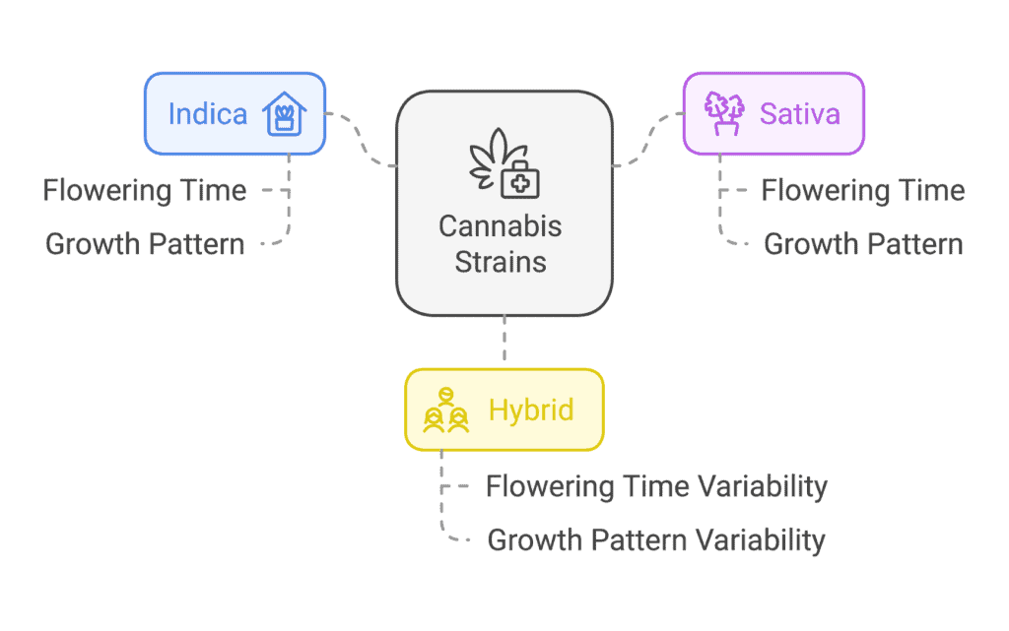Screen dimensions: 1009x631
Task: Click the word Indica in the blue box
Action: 207,114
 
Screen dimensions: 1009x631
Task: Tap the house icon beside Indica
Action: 285,114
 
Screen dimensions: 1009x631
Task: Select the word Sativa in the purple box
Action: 800,114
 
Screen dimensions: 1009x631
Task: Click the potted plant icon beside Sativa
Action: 724,113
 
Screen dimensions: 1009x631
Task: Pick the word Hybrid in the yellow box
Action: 531,410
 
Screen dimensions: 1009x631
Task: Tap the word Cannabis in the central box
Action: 500,226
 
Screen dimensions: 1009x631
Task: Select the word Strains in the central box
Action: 501,262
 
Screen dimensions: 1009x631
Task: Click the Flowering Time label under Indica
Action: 145,190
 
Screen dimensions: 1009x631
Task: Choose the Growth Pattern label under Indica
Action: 145,244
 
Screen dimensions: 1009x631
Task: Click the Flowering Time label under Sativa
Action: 863,190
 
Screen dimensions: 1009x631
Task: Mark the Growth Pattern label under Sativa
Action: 863,244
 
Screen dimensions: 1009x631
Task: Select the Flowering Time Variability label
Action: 656,486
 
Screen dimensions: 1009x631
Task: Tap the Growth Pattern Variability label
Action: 656,540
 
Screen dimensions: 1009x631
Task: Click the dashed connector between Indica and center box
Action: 361,140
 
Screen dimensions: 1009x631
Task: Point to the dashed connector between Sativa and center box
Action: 647,140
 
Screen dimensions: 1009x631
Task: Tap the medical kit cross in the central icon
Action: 520,183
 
